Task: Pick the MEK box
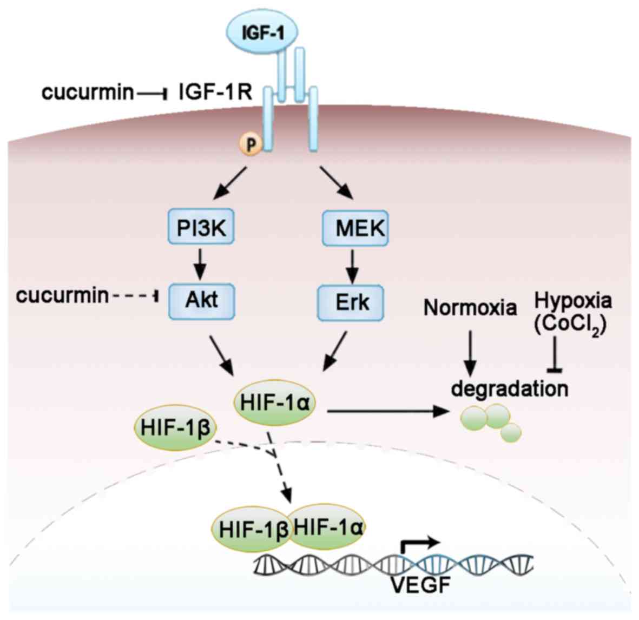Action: pyautogui.click(x=355, y=228)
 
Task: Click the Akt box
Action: pyautogui.click(x=202, y=299)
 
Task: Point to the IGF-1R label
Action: pyautogui.click(x=215, y=92)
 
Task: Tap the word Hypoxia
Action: pyautogui.click(x=573, y=300)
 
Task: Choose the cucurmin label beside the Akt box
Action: pyautogui.click(x=62, y=295)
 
